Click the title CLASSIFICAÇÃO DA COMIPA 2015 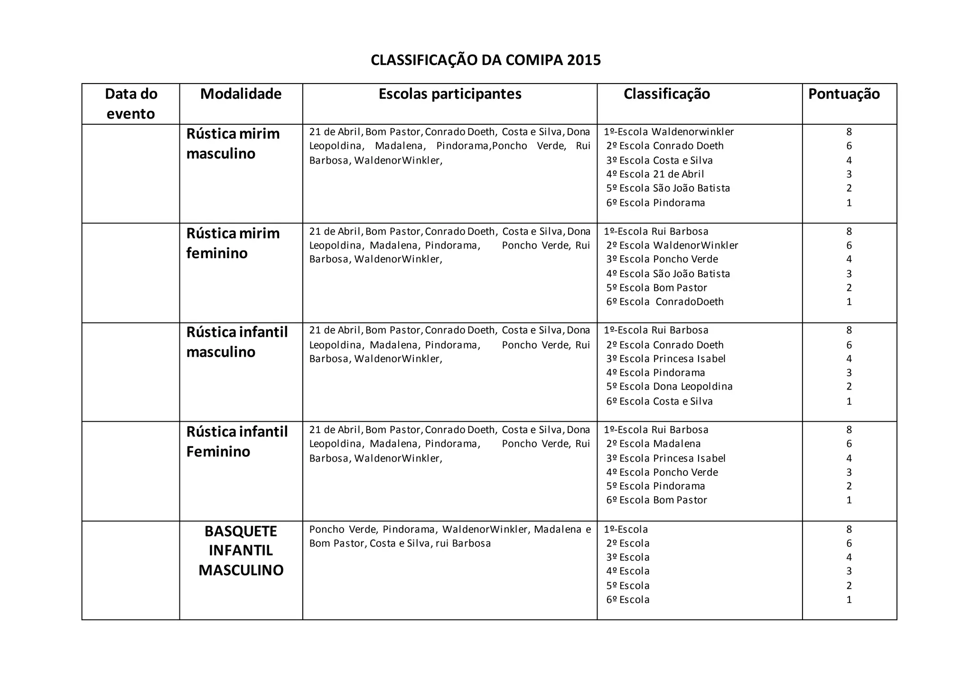click(x=486, y=60)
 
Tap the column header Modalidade click(x=241, y=94)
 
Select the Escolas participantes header click(x=449, y=94)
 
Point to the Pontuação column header click(x=844, y=94)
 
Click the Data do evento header click(x=131, y=103)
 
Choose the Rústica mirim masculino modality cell click(x=233, y=144)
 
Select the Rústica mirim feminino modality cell click(x=233, y=243)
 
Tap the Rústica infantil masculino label click(x=237, y=342)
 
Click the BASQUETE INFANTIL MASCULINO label click(x=241, y=550)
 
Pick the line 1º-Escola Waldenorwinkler click(x=669, y=132)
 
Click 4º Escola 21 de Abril click(x=655, y=174)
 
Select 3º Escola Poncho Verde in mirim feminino click(x=662, y=259)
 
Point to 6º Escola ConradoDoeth click(x=664, y=302)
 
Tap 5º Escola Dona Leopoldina click(x=669, y=387)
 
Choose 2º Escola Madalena click(x=653, y=444)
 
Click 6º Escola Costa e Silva click(x=659, y=401)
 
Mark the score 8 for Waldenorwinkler click(x=849, y=132)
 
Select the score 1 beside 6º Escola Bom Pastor click(x=849, y=500)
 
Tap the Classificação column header click(x=666, y=94)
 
